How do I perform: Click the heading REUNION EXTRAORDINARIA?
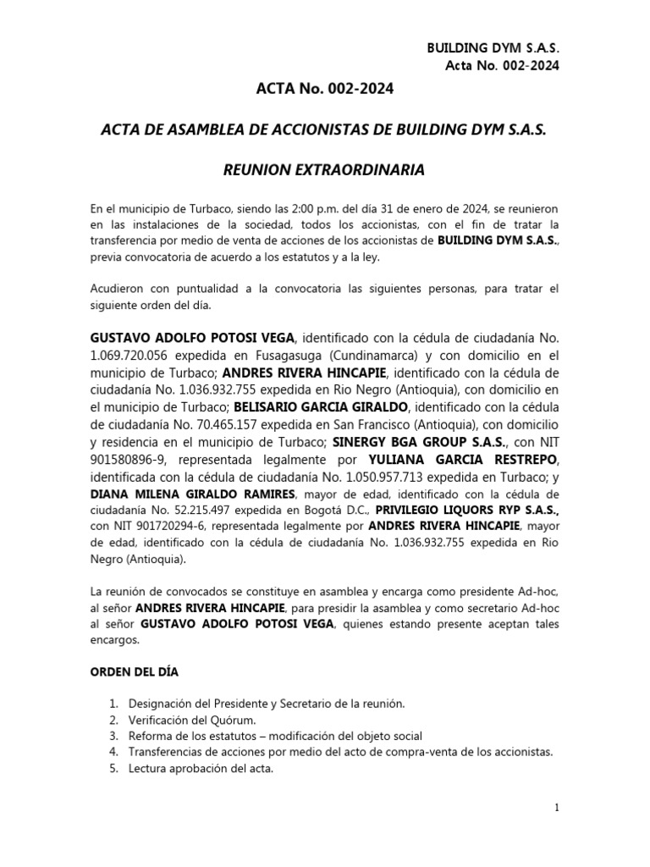click(323, 171)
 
